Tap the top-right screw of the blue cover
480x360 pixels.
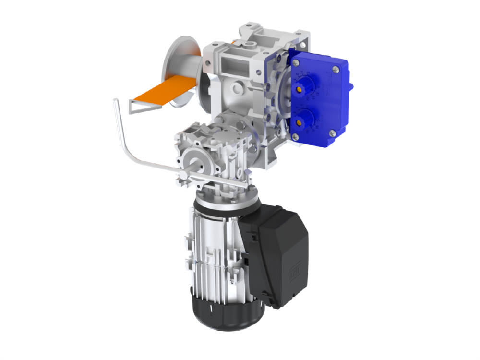coord(334,70)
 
